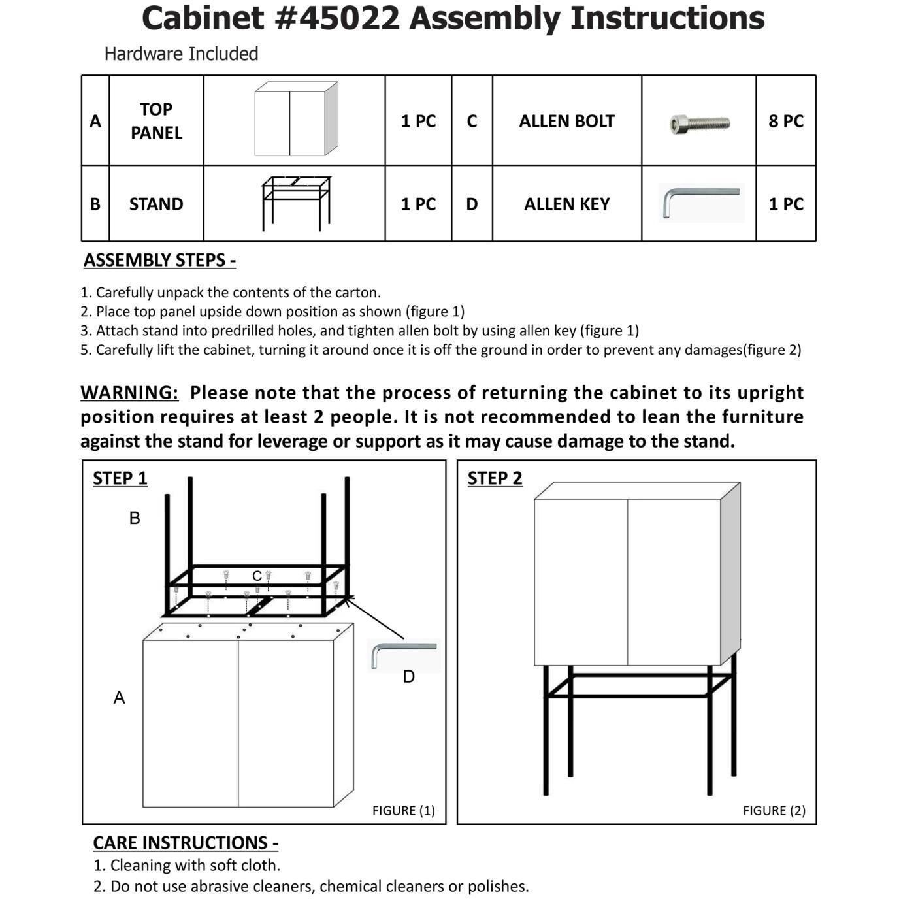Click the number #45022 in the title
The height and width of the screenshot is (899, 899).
337,18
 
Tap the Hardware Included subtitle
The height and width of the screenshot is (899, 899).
181,54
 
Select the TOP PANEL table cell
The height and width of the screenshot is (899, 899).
156,121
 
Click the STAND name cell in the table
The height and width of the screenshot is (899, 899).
156,204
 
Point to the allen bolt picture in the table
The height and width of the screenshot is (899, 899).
700,123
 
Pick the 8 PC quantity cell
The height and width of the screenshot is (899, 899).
786,121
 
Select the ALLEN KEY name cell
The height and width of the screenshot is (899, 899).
566,204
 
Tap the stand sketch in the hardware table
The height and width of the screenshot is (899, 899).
295,203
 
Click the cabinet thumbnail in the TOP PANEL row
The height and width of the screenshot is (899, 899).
296,120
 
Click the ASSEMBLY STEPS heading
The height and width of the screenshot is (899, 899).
159,260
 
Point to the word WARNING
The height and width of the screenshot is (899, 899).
129,393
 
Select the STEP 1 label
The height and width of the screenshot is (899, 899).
120,478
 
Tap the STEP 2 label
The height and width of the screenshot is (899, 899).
495,478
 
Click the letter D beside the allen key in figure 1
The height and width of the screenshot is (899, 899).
409,677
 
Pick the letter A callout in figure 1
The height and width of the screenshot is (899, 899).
119,698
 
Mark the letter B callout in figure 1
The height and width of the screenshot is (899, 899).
135,518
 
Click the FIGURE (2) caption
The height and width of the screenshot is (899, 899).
774,810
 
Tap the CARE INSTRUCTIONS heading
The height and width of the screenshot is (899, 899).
186,843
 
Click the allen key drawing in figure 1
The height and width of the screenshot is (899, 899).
402,653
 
